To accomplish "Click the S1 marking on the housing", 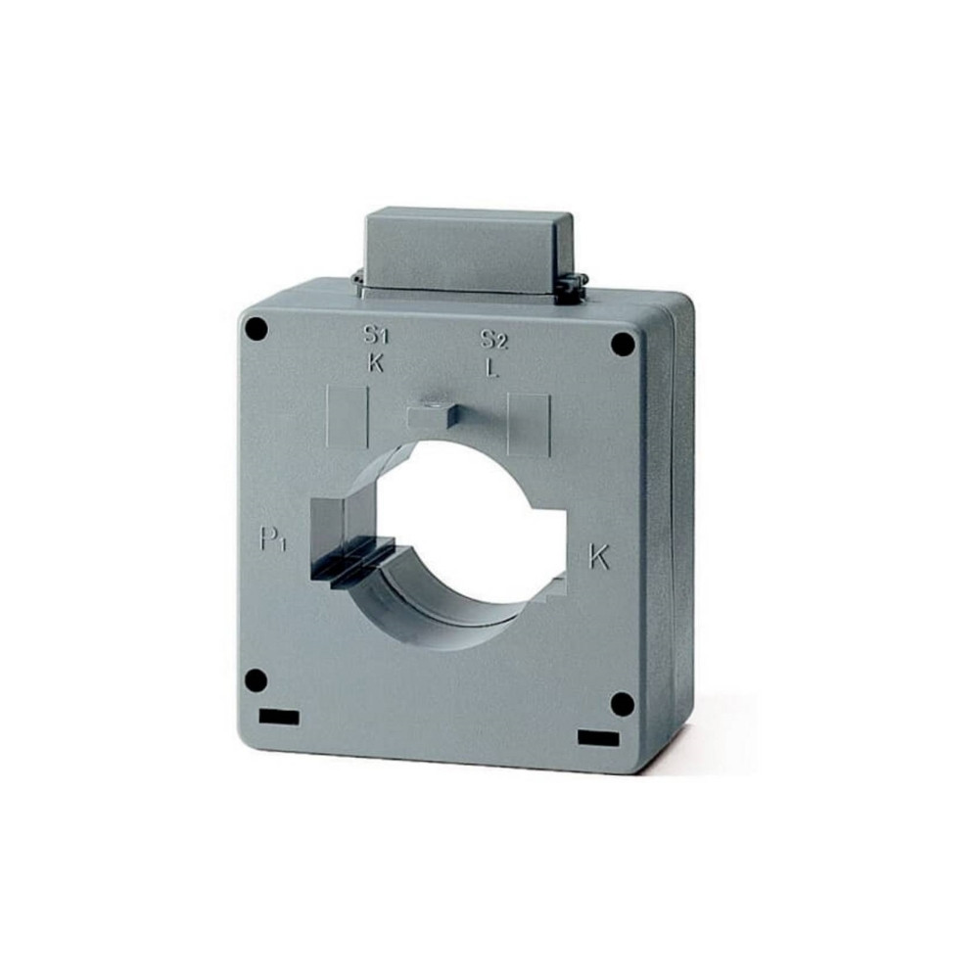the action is coord(377,335).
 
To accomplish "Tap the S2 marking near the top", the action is coord(494,339).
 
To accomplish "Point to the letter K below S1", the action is coord(375,363).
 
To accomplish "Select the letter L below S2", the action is coord(493,368).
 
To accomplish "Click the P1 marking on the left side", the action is coord(273,538).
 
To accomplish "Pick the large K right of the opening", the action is coord(599,556).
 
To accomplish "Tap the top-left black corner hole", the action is coord(256,328).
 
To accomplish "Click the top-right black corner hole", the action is coord(623,344).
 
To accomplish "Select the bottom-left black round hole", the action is coord(256,680).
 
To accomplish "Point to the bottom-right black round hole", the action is coord(622,704).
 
